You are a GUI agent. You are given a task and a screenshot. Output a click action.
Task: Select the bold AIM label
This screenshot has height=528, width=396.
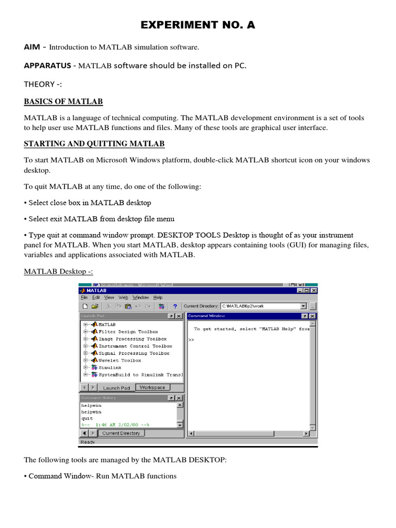point(32,47)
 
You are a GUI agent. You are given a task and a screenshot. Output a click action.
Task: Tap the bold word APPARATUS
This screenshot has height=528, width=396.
point(47,65)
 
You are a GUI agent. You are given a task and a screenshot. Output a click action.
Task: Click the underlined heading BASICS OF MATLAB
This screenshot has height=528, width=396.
point(63,101)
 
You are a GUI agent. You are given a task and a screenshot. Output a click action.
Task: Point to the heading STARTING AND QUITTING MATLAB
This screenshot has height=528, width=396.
point(94,143)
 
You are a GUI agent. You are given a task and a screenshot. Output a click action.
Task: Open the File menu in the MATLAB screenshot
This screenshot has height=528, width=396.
point(83,298)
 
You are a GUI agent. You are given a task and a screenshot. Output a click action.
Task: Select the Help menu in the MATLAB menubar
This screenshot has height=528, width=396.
point(158,298)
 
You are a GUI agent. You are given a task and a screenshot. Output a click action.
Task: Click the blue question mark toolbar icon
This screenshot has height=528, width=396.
point(175,306)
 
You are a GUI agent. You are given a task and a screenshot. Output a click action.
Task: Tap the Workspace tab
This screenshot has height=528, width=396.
point(152,387)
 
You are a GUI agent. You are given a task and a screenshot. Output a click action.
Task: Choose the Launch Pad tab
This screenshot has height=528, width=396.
point(116,388)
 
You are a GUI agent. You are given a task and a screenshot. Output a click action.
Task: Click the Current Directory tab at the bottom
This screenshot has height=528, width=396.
point(121,433)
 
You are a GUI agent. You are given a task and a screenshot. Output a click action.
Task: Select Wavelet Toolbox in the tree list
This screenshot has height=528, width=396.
point(120,360)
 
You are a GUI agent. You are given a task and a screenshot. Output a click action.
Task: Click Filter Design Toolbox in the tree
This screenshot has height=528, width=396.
point(128,332)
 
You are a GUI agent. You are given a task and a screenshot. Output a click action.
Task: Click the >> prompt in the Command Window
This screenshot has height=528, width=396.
point(191,340)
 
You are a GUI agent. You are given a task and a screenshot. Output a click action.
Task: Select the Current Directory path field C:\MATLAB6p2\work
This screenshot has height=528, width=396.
point(260,306)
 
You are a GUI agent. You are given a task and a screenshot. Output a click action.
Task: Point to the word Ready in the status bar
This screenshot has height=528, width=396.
point(88,442)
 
